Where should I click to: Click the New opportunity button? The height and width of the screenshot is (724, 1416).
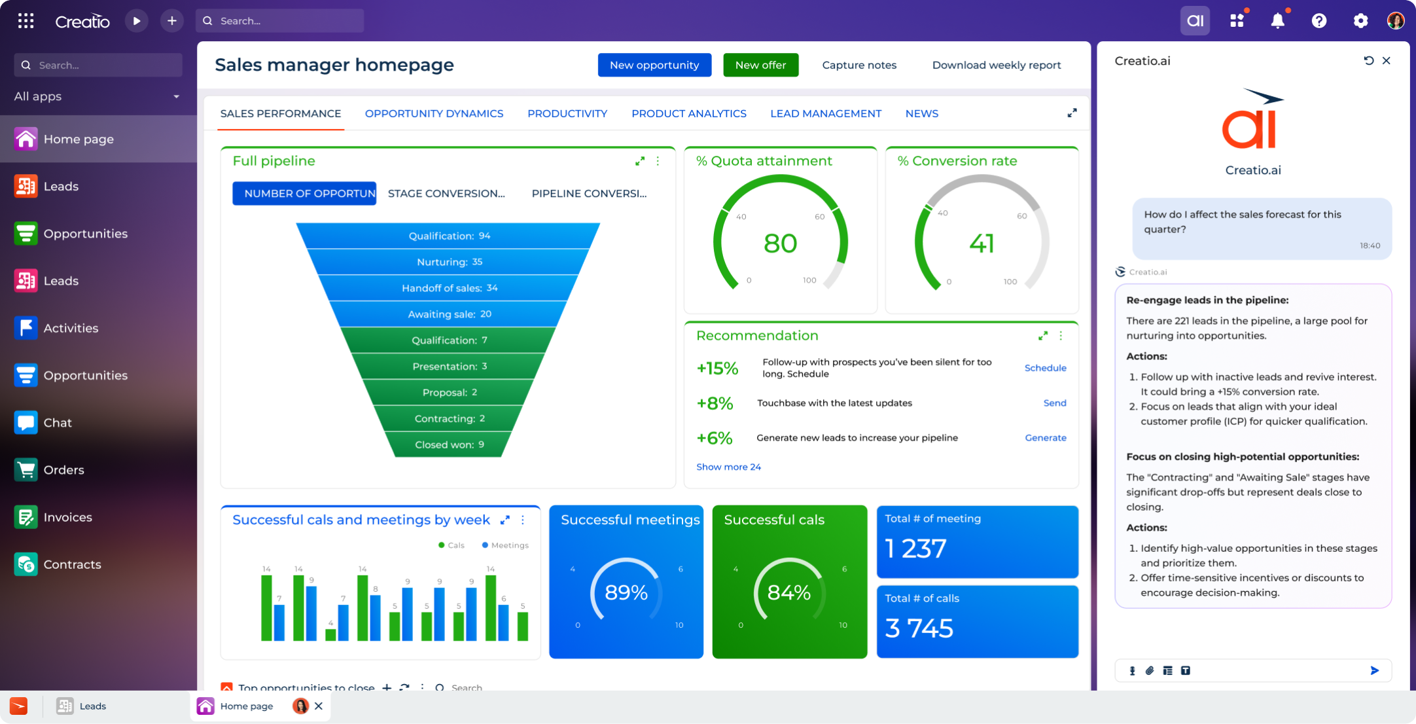point(654,65)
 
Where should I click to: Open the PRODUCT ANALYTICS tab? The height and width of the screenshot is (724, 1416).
point(688,113)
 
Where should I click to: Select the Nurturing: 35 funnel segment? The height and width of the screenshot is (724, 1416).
point(449,262)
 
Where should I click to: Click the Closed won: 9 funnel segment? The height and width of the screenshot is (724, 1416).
point(449,444)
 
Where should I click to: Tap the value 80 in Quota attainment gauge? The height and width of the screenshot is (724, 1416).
point(780,244)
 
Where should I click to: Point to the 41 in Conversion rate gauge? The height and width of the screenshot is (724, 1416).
point(981,244)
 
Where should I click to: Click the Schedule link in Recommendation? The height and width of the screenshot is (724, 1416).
point(1044,368)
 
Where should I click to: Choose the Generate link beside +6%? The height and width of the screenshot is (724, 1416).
point(1045,438)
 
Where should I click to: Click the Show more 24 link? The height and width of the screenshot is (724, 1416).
point(728,467)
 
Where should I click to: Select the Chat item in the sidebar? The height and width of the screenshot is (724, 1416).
point(58,423)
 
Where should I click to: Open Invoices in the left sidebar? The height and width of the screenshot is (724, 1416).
point(67,517)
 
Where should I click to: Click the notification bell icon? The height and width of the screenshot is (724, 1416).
point(1277,21)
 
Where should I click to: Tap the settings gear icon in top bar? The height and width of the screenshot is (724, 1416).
point(1360,21)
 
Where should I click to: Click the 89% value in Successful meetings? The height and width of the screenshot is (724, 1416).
point(626,592)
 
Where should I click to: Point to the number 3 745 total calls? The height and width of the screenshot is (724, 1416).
point(919,628)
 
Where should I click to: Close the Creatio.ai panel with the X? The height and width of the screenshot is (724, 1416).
point(1386,61)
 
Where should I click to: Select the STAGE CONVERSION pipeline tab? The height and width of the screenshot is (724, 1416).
point(446,193)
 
